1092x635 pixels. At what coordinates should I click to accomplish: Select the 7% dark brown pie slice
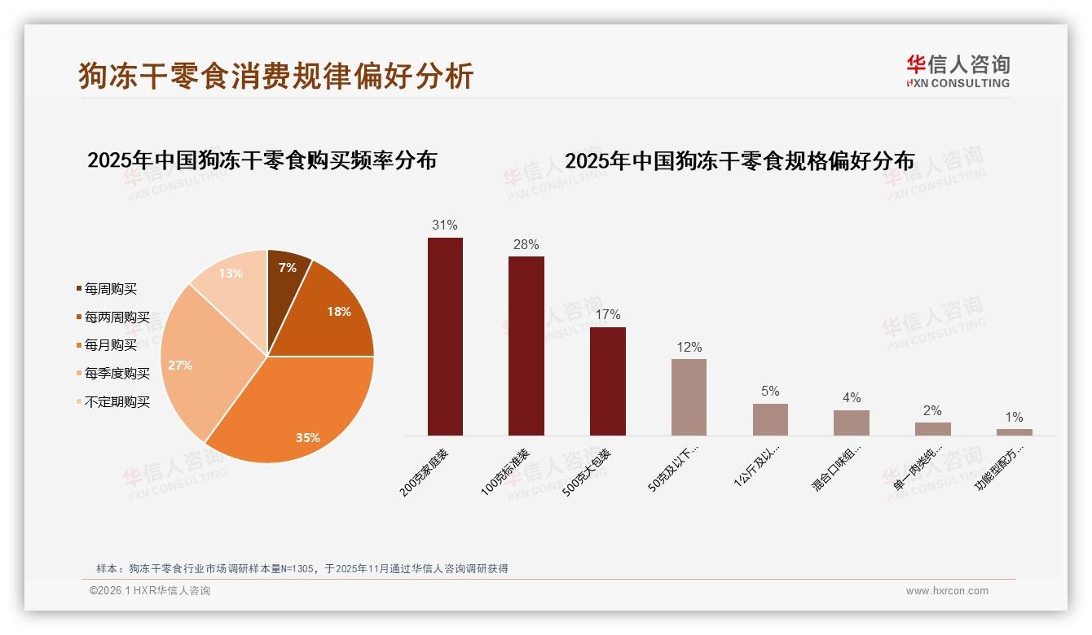click(287, 277)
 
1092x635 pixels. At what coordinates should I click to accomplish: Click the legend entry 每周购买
click(110, 289)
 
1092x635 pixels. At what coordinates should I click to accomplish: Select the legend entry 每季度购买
click(117, 374)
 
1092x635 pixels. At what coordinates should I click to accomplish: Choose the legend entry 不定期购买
click(117, 402)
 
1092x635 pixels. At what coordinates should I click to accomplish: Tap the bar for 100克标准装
click(526, 346)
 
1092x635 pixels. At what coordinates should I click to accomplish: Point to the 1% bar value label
click(1014, 418)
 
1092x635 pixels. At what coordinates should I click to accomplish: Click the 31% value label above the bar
click(445, 226)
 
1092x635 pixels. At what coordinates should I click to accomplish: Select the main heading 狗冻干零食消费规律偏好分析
click(276, 76)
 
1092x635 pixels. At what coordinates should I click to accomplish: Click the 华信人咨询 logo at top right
click(958, 72)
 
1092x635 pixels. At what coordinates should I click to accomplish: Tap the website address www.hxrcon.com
click(947, 591)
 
